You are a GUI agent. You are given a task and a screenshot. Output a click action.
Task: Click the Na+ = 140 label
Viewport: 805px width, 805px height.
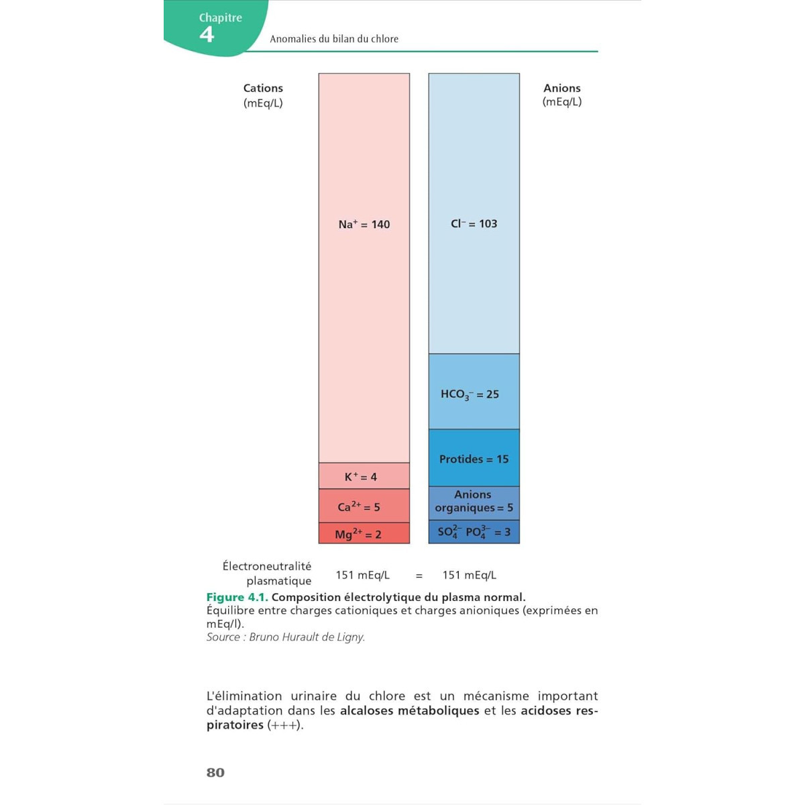tap(364, 224)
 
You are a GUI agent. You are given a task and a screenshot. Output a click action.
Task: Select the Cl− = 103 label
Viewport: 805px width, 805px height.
tap(474, 223)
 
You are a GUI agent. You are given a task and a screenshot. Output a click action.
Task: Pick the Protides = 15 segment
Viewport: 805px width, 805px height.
tap(474, 459)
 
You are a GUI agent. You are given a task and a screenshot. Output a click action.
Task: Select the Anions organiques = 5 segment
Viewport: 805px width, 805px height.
tap(474, 502)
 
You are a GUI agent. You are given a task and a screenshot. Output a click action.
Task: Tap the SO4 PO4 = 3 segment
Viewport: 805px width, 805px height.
tap(474, 532)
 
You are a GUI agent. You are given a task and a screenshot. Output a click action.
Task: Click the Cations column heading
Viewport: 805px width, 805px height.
tap(263, 88)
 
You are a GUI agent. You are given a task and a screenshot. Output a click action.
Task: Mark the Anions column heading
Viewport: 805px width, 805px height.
tap(562, 88)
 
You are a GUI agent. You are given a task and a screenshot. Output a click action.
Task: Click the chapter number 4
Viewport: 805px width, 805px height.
tap(207, 35)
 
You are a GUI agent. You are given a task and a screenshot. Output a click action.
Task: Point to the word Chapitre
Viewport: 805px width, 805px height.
tap(221, 17)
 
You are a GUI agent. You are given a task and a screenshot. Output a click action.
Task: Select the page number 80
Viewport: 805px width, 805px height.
tap(215, 772)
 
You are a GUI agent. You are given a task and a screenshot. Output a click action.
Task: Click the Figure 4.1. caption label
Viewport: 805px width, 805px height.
tap(237, 597)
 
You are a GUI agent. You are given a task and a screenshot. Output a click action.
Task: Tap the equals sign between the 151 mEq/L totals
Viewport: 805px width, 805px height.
tap(419, 576)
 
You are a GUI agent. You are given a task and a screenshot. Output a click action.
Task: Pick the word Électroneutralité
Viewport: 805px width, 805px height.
tap(267, 566)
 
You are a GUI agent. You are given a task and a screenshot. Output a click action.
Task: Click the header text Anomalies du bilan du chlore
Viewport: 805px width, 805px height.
tap(334, 39)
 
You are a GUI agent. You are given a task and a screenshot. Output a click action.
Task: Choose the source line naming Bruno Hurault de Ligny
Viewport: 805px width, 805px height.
tap(286, 637)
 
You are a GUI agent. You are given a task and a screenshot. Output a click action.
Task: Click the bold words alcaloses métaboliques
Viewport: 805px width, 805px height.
tap(409, 710)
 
